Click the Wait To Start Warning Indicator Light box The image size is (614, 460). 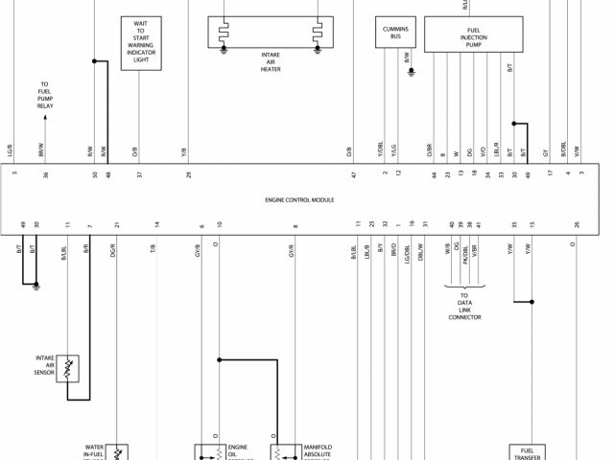[x=141, y=43]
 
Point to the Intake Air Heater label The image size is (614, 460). [x=271, y=61]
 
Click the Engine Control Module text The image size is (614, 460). [x=299, y=201]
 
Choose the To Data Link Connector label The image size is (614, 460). [x=464, y=307]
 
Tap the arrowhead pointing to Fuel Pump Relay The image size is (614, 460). [x=44, y=118]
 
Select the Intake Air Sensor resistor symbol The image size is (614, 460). [x=68, y=368]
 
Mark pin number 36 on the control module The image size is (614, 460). [x=45, y=173]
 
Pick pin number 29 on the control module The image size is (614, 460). [x=189, y=173]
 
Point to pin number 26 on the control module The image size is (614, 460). [x=577, y=224]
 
